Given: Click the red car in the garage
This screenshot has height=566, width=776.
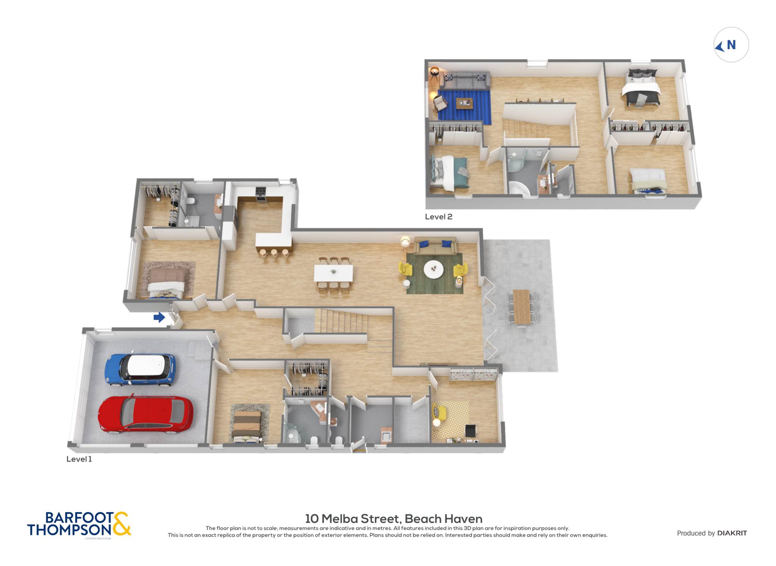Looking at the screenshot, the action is point(145,415).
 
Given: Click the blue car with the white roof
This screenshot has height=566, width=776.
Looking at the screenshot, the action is point(140,370).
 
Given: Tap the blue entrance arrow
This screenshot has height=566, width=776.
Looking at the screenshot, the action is point(159,317).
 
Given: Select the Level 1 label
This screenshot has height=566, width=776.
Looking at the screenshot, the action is point(79,459).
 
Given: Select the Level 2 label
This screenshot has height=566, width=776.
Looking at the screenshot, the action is point(438,217).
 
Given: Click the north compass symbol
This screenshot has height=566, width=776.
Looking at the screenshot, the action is point(731,45).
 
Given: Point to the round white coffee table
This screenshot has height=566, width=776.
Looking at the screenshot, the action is point(433,270).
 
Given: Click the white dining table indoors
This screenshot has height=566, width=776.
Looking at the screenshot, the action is point(333,273).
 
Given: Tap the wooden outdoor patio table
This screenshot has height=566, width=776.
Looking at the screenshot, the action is point(522,307).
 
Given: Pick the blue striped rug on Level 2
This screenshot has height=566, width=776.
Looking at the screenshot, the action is point(464,107).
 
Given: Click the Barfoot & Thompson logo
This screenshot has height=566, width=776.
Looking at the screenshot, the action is point(79,524).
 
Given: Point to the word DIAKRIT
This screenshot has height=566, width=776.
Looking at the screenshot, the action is point(732,533).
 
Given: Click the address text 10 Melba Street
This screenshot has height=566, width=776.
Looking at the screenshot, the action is point(352,519).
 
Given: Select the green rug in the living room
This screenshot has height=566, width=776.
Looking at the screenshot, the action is point(435,273).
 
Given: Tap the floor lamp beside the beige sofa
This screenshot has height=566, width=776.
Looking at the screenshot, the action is point(405,243).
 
